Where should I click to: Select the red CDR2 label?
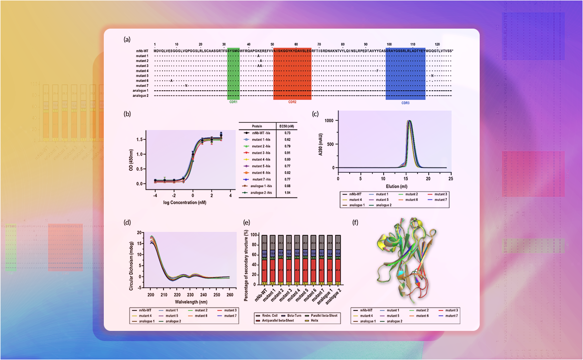(292, 102)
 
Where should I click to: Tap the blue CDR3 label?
(405, 102)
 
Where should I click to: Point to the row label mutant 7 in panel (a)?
(142, 85)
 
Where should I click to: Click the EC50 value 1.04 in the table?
(288, 192)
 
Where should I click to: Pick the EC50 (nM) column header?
(287, 125)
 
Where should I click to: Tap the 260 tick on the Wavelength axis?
(228, 294)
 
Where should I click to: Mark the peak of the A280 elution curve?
(409, 121)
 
